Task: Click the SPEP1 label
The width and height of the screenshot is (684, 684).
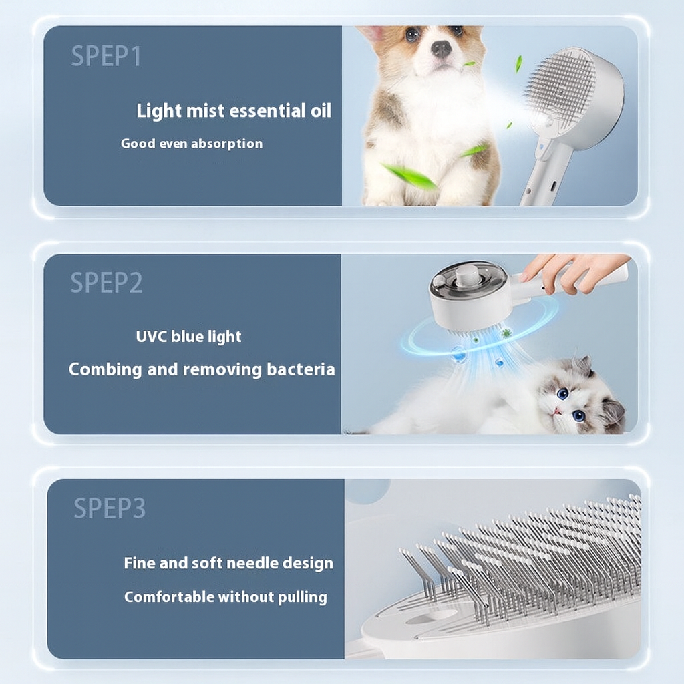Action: [x=106, y=57]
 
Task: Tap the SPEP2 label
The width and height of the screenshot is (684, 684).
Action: [x=106, y=283]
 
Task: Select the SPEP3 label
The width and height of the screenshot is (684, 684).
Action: [x=109, y=508]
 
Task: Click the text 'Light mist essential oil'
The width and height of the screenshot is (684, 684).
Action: [x=234, y=111]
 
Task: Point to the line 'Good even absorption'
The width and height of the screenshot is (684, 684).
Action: [x=192, y=144]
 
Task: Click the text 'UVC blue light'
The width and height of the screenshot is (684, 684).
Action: [x=188, y=337]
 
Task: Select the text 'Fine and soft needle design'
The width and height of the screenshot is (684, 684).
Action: [x=228, y=563]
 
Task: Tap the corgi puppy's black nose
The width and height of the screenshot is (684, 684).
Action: [x=440, y=49]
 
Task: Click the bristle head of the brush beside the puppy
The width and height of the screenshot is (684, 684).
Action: [x=561, y=90]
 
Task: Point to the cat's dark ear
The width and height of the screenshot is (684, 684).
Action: [x=613, y=413]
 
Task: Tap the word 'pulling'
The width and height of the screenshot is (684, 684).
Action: [x=304, y=597]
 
